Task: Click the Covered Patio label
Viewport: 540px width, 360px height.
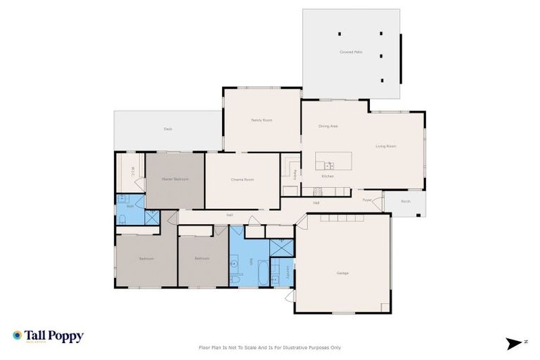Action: coord(350,52)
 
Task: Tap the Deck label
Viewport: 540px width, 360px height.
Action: coord(168,129)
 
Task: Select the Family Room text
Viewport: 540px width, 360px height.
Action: coord(262,120)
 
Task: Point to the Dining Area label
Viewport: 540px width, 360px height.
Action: coord(328,126)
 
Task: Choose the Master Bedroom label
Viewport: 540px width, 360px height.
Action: coord(175,179)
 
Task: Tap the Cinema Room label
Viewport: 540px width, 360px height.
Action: coord(242,180)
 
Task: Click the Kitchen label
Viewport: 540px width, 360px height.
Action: coord(328,176)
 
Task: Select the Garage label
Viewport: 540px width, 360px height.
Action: coord(342,273)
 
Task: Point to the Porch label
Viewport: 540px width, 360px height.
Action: coord(406,202)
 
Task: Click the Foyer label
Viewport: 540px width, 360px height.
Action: coord(366,200)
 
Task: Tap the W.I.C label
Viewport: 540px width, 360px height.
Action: coord(132,171)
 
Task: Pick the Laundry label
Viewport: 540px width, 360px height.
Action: coord(288,270)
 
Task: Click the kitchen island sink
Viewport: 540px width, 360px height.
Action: coord(330,166)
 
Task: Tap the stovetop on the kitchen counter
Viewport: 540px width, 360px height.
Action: coord(318,190)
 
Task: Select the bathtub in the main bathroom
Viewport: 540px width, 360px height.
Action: coord(263,273)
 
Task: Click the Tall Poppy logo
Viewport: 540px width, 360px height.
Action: coord(48,336)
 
